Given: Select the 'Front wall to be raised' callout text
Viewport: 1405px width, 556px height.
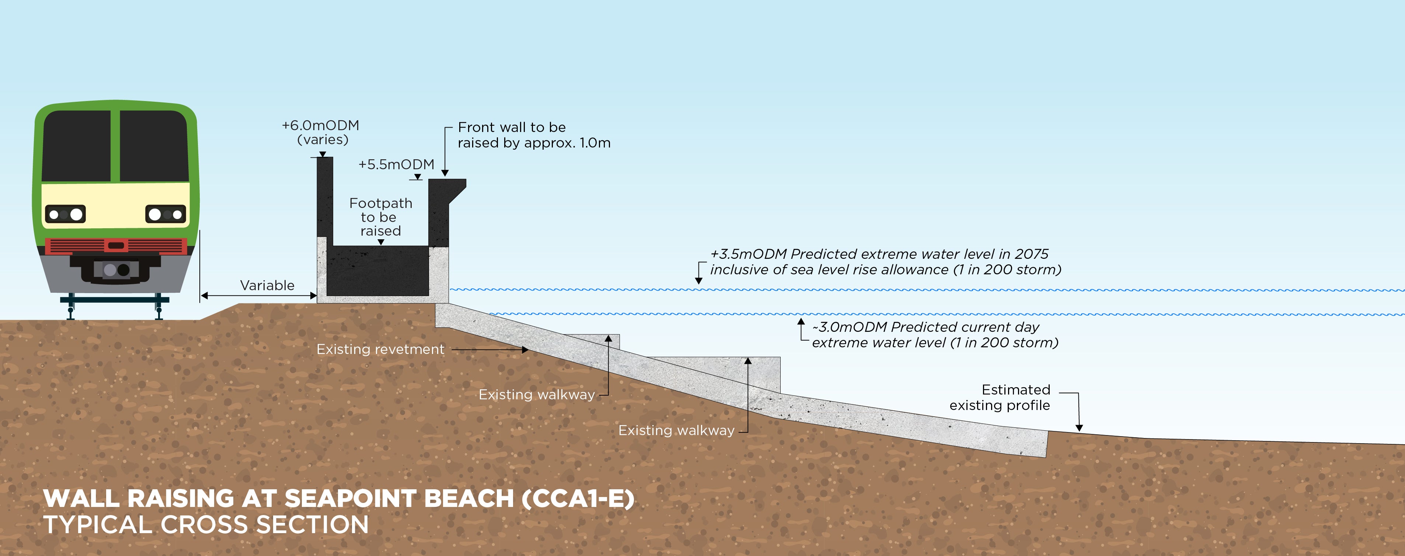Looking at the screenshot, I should [x=533, y=135].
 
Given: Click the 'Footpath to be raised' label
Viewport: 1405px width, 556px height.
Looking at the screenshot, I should [x=381, y=217].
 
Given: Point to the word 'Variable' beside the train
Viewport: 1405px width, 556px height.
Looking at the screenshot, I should [x=267, y=285].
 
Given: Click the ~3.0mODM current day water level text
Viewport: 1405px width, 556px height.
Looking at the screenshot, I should [x=934, y=334].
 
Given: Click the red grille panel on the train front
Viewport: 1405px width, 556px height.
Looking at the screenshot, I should [x=116, y=246].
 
